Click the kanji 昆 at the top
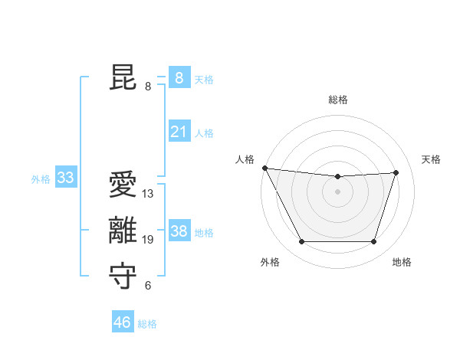coord(123,78)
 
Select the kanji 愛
coord(123,186)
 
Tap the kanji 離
coord(123,231)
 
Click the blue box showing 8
coord(179,78)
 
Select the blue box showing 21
coord(179,132)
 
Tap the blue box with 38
coord(179,231)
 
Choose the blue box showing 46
coord(123,322)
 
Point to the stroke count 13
coord(148,194)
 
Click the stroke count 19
coord(148,240)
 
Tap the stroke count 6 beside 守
coord(148,286)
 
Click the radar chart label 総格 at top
coord(337,100)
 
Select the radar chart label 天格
coord(432,159)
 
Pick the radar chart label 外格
coord(270,262)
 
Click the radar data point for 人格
coord(264,168)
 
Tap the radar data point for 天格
coord(396,172)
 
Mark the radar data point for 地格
coord(373,242)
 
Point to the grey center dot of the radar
coord(337,191)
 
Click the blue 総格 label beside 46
coord(147,324)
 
